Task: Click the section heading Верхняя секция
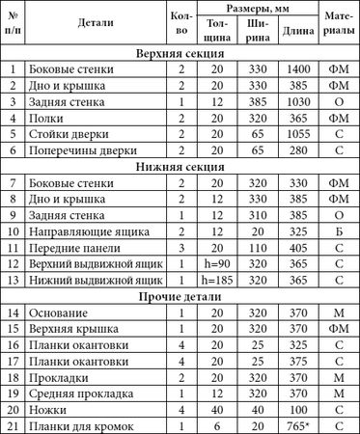click(180, 53)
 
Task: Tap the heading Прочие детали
click(180, 296)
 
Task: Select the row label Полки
click(47, 118)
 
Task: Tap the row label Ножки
click(49, 409)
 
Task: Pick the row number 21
click(13, 425)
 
